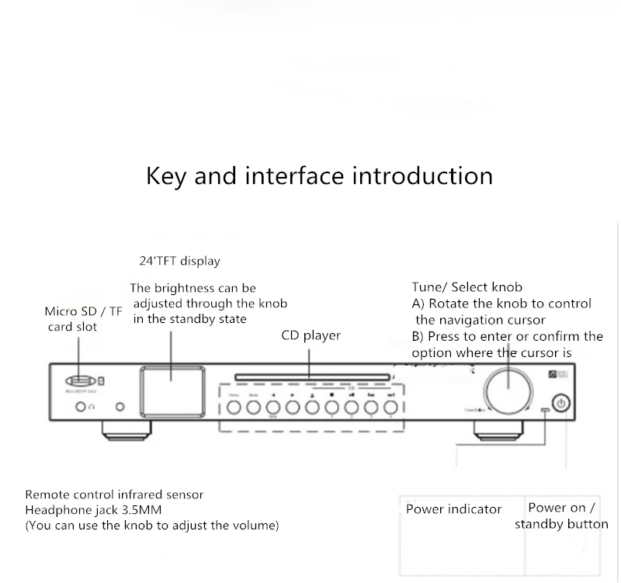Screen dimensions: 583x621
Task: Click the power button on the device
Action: [x=563, y=403]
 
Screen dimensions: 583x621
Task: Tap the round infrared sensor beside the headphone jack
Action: [x=120, y=407]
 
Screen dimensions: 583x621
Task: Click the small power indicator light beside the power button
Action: [x=545, y=409]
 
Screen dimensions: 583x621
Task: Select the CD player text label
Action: [x=310, y=336]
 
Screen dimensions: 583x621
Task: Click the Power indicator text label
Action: [x=453, y=509]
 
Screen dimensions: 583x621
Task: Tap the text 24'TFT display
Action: [x=179, y=262]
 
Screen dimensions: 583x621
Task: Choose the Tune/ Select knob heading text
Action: [x=467, y=287]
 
